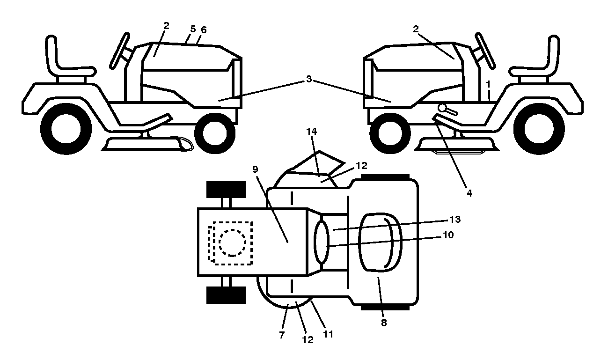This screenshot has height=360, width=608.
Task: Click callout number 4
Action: point(469,193)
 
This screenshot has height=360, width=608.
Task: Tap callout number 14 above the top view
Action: point(311,132)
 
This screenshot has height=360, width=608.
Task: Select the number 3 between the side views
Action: point(309,79)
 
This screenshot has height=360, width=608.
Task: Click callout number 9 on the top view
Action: point(255,169)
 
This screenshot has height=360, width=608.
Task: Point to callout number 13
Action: point(455,220)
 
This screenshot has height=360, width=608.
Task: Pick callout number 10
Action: point(448,235)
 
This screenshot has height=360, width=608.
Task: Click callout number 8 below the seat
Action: point(383,323)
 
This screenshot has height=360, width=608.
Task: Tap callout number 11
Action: point(328,334)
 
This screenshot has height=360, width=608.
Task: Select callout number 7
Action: point(282,335)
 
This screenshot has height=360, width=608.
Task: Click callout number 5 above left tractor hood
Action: point(193,29)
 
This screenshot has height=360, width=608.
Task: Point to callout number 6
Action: point(204,29)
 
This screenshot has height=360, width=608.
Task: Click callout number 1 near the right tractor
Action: point(488,85)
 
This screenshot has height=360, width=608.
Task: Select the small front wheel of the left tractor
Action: point(215,133)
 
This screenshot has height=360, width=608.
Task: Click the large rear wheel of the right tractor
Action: point(539,129)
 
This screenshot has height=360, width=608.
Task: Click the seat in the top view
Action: point(380,242)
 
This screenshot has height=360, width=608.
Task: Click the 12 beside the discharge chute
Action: point(361,166)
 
